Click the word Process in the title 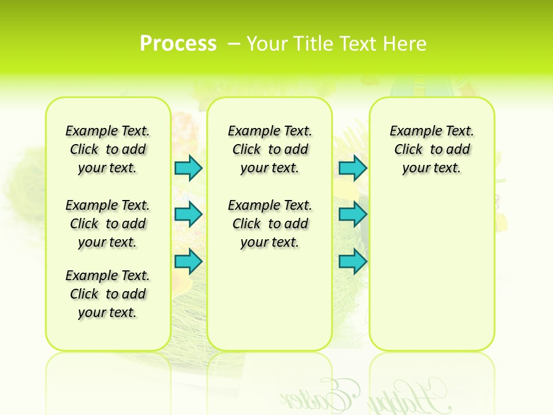pos(178,44)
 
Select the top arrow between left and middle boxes pos(188,168)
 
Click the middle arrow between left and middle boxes pos(188,214)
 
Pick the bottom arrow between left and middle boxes pos(188,261)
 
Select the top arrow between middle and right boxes pos(353,168)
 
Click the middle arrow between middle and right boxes pos(353,214)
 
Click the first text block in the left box pos(108,149)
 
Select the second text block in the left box pos(108,224)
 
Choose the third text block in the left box pos(108,294)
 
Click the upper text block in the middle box pos(270,149)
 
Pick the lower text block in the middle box pos(270,224)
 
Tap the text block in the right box pos(432,149)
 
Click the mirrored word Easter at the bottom pos(317,395)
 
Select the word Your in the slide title pos(267,44)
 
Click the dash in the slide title pos(234,44)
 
